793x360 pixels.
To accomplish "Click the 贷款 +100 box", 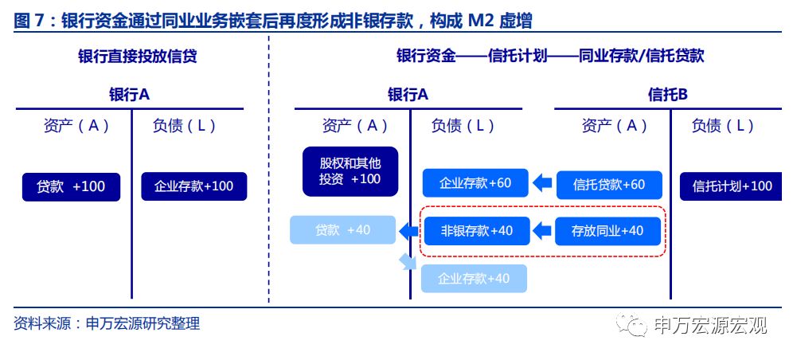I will coord(71,186).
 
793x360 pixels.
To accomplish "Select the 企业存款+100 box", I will coord(193,186).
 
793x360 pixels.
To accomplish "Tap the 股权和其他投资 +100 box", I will coord(350,171).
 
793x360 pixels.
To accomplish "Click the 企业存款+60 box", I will coord(475,183).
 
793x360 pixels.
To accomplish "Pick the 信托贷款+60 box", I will coord(609,185).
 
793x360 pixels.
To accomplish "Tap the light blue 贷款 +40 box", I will coord(342,230).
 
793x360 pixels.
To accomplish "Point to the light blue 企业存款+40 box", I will coord(474,278).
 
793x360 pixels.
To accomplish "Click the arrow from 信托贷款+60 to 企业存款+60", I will coord(542,184).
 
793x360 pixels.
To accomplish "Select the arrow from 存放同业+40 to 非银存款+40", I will coord(542,231).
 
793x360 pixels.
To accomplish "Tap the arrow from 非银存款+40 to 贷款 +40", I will coord(408,231).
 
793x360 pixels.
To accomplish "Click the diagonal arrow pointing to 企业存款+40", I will coord(408,261).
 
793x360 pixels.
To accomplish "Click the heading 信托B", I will coord(667,95).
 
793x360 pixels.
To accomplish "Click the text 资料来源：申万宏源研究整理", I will coord(107,323).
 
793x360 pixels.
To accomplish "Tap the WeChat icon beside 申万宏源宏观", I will coord(635,325).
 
